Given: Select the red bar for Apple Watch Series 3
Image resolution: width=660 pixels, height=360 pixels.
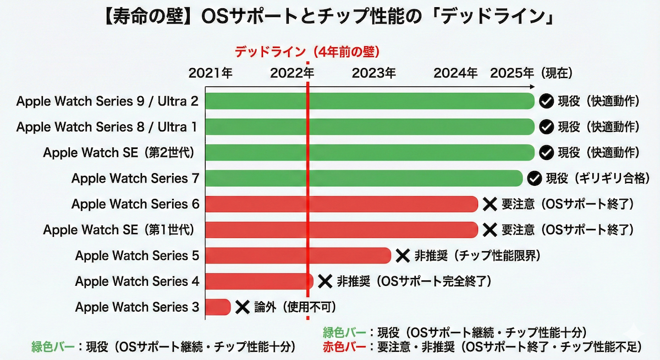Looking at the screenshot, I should [x=218, y=307].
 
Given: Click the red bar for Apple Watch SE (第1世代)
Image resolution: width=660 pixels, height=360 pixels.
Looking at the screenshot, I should [x=342, y=229].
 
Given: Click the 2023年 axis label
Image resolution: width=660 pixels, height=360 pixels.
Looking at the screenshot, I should [x=374, y=73].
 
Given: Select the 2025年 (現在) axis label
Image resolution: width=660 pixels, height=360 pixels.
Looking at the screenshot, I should [x=532, y=73].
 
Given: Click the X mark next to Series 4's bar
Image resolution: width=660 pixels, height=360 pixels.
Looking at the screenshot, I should [x=325, y=281].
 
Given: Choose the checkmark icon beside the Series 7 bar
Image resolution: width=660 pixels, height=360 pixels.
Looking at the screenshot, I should [x=533, y=178].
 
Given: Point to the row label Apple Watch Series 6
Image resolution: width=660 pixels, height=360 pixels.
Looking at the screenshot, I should [x=135, y=204].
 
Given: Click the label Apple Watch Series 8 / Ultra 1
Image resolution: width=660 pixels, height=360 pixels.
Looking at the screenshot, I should [x=107, y=127].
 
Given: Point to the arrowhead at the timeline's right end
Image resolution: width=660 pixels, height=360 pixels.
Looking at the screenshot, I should [x=532, y=87].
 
